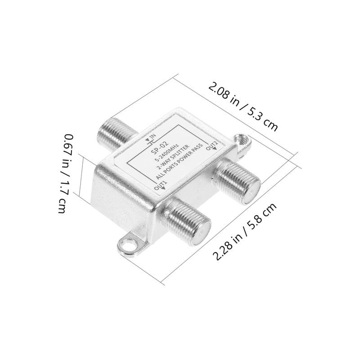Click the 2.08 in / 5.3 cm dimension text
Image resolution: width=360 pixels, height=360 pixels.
[243, 107]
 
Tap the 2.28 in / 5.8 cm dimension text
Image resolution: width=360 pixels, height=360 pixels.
[244, 231]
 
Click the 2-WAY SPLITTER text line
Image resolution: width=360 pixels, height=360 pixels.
[172, 158]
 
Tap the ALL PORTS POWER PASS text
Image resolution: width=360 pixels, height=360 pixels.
[180, 162]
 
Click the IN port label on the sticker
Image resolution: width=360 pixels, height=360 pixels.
[153, 137]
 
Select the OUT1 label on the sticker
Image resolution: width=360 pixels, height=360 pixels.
[160, 185]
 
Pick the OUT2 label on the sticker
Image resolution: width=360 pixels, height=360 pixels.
[211, 145]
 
